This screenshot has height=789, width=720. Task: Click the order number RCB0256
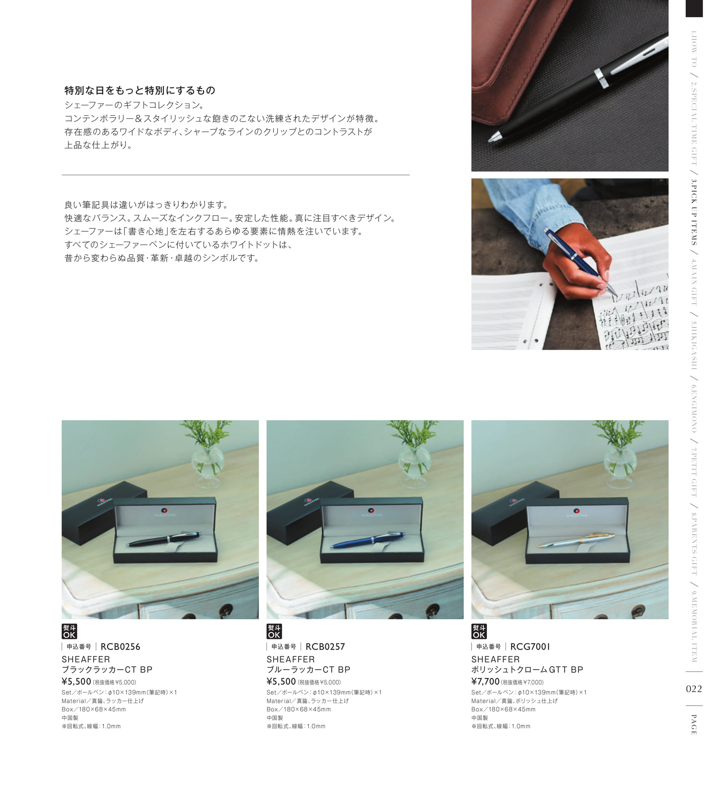point(120,646)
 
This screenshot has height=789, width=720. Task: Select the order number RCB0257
point(325,646)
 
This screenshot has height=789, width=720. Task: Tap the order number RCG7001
point(530,646)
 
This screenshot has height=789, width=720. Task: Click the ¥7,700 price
point(485,681)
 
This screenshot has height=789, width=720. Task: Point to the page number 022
point(694,689)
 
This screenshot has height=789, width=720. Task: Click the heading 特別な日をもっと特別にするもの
point(140,90)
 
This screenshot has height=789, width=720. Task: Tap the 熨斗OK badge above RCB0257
point(274,632)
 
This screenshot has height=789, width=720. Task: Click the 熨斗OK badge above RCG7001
point(479,632)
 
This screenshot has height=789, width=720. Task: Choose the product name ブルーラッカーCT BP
point(308,669)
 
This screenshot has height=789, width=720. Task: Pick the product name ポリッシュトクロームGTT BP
point(527,669)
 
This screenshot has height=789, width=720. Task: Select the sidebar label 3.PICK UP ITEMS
point(694,212)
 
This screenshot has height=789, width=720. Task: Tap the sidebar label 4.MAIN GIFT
point(694,282)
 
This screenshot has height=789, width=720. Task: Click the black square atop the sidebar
point(694,8)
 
